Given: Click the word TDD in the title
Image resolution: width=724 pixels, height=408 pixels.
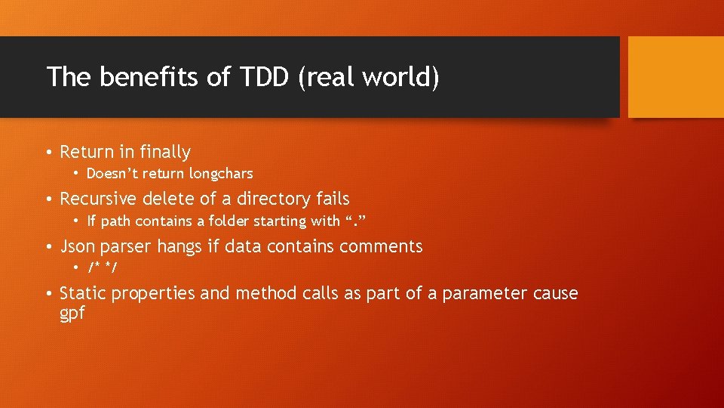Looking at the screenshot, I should coord(260,77).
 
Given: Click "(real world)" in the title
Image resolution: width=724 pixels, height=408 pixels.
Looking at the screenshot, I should coord(368,77).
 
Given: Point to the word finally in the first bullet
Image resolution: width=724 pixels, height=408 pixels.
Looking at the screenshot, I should coord(165,152).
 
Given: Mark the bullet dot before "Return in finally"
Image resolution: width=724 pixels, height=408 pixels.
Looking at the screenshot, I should coord(48,153).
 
